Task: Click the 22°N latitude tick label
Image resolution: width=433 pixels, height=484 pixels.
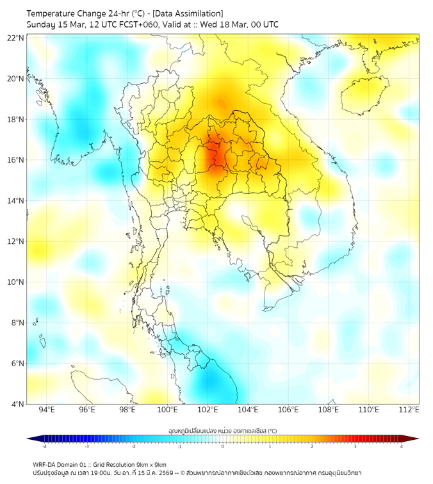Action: coord(15,38)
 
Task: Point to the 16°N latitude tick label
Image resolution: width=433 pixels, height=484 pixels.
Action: coord(15,160)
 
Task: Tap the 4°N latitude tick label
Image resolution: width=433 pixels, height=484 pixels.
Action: coord(17,404)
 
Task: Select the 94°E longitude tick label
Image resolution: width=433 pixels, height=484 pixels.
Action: coord(47,410)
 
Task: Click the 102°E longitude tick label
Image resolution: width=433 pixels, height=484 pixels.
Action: coord(208,410)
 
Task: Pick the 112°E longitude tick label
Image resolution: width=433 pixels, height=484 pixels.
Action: coord(409,410)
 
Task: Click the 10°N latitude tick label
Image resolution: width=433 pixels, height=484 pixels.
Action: coord(15,282)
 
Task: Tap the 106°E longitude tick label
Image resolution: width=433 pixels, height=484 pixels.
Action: coord(288,410)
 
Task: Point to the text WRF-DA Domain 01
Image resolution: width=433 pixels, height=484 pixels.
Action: coord(60,464)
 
